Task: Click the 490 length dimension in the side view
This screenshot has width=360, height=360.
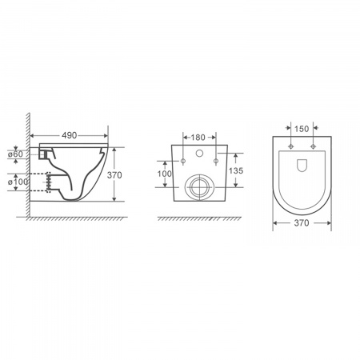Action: tap(70, 135)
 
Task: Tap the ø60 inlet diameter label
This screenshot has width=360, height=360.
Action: tap(15, 154)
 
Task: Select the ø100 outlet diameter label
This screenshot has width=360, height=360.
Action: tap(18, 182)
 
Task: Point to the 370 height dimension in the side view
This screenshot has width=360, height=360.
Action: tap(114, 175)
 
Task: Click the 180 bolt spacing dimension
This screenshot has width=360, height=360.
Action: tap(198, 138)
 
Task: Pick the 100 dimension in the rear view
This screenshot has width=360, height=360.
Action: tap(165, 174)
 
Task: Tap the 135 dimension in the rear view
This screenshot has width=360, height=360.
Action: tap(236, 170)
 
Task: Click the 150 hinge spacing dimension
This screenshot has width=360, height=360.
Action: tap(302, 129)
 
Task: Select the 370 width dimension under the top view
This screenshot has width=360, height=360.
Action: tap(302, 223)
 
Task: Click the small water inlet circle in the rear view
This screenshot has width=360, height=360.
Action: tap(199, 153)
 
